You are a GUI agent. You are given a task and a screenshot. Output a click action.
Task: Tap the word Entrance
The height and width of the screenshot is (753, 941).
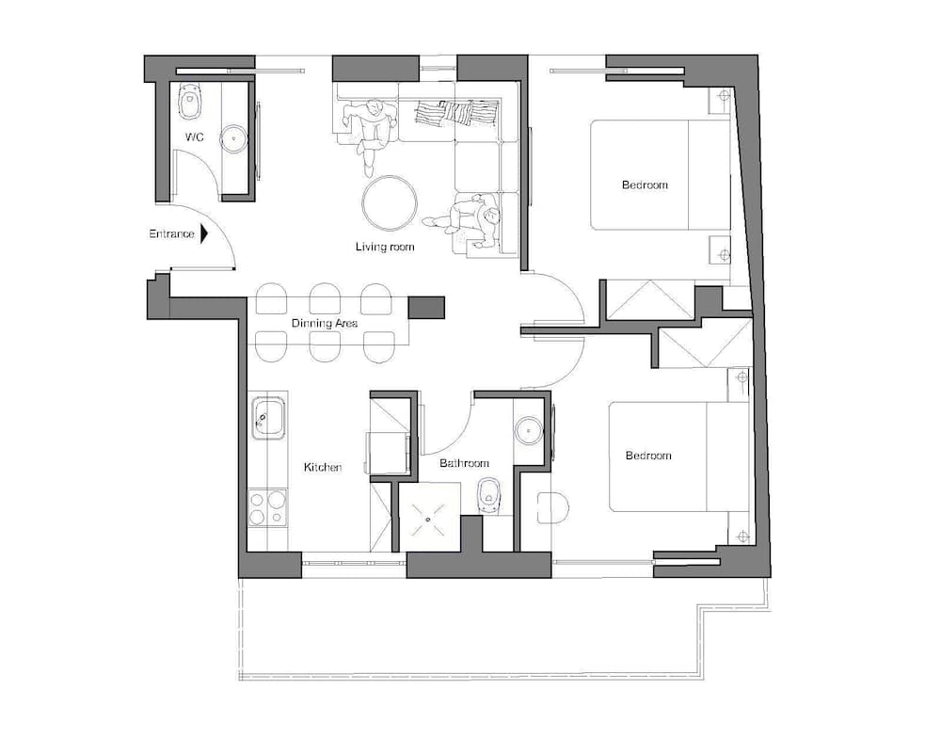coord(171,233)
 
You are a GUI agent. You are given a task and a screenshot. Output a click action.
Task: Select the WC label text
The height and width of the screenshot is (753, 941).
coord(195,137)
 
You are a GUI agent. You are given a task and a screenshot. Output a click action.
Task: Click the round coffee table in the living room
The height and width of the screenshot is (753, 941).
coord(390,203)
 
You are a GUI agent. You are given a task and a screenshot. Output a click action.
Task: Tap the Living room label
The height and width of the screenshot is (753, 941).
coord(385,248)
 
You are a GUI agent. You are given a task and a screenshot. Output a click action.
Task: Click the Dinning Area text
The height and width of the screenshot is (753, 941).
coord(325,324)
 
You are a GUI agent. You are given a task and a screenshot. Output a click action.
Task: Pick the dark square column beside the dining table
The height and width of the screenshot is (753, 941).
coord(426,307)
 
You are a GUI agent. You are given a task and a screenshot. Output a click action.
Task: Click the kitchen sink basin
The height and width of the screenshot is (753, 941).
coord(268,415)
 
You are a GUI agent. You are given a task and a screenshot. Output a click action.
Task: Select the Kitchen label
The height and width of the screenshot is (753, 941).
coord(322,467)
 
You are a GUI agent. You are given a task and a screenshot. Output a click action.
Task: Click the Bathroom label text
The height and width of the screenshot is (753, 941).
coord(465,463)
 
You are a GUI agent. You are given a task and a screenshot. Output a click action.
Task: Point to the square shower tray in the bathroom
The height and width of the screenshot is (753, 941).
coord(431,516)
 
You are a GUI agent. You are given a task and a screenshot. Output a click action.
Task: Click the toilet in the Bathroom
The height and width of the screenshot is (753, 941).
coord(487,496)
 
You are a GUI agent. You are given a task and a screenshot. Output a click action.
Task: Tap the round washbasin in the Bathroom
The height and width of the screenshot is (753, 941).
coord(529,430)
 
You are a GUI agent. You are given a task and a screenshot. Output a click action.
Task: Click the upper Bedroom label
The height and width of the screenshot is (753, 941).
coord(645,184)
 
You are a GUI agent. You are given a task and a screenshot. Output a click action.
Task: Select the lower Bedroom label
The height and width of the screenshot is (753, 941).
coord(648,456)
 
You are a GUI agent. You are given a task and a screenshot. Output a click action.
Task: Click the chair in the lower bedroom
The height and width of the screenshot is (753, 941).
coord(552,508)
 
